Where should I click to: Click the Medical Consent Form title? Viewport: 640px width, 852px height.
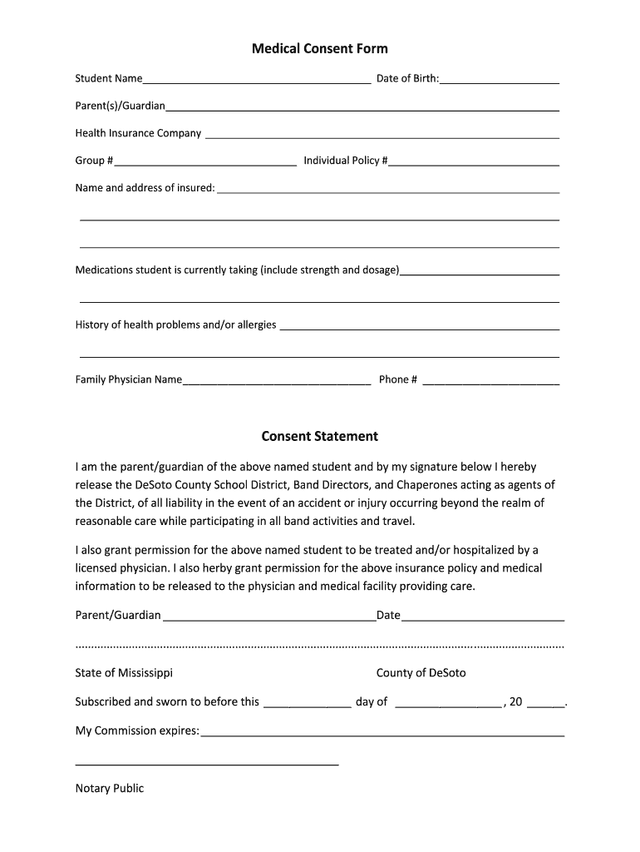pyautogui.click(x=319, y=49)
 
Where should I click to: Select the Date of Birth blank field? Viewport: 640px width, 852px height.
pyautogui.click(x=499, y=81)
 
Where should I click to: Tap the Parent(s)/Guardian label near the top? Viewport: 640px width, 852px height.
pyautogui.click(x=120, y=106)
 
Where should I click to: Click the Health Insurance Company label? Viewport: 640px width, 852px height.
pyautogui.click(x=138, y=133)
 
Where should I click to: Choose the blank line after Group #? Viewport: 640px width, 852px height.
pyautogui.click(x=204, y=162)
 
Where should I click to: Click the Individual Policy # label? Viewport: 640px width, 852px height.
pyautogui.click(x=345, y=161)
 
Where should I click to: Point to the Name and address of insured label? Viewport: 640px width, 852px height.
pyautogui.click(x=145, y=188)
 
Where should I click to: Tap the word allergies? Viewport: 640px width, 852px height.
pyautogui.click(x=257, y=324)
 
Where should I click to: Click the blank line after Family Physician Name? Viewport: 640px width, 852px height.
pyautogui.click(x=276, y=383)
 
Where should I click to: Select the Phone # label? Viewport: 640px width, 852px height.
pyautogui.click(x=397, y=379)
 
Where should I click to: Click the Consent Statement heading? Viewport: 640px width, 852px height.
pyautogui.click(x=319, y=436)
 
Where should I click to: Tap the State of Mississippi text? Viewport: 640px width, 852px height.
pyautogui.click(x=124, y=673)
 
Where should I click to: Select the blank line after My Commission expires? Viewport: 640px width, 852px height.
pyautogui.click(x=382, y=734)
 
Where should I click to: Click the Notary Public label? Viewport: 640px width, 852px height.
pyautogui.click(x=109, y=788)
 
